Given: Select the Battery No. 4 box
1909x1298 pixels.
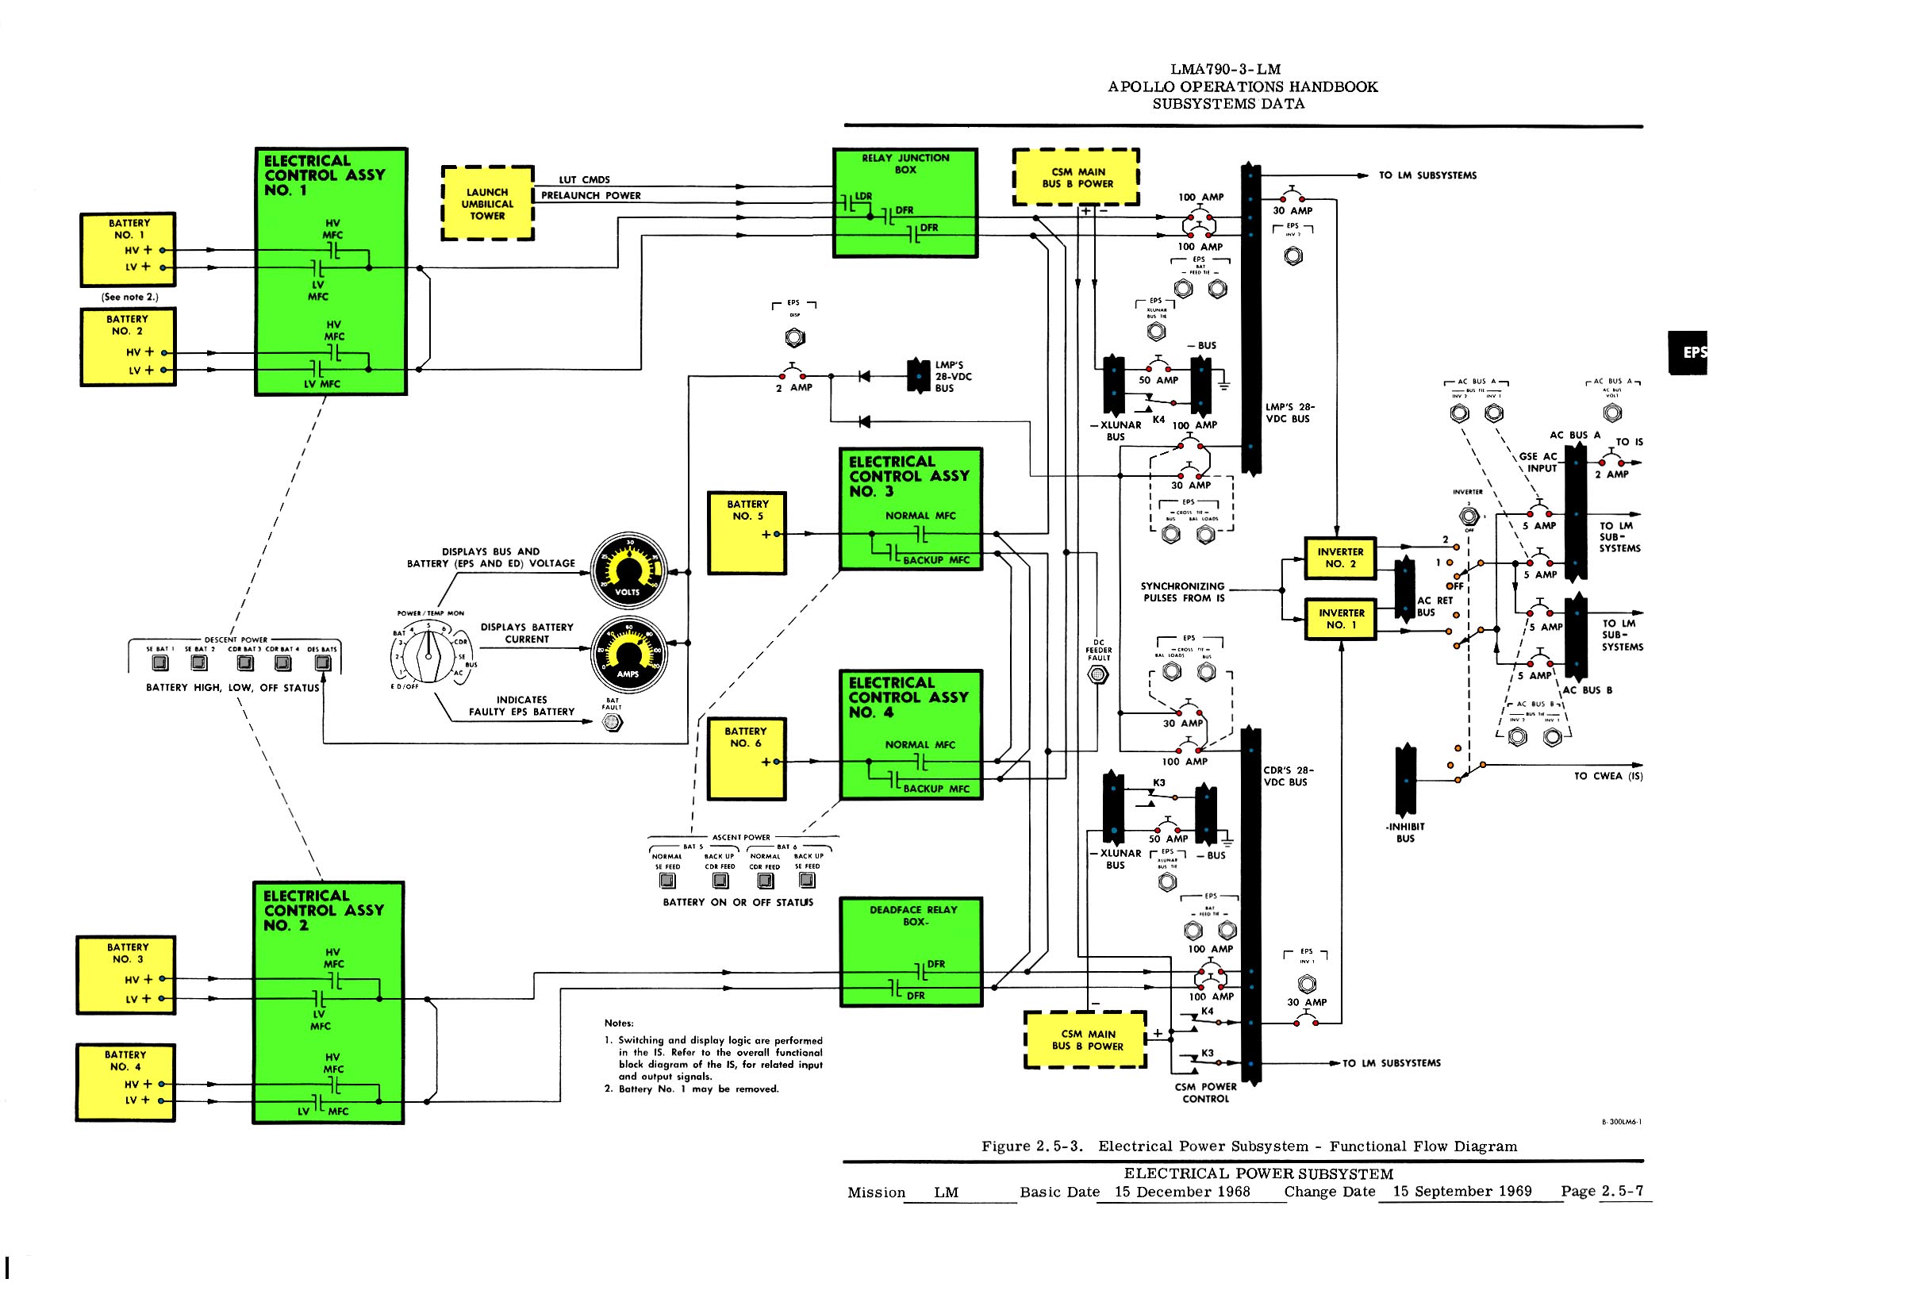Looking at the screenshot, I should click(125, 1082).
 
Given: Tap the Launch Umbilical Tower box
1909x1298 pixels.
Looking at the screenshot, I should click(488, 204).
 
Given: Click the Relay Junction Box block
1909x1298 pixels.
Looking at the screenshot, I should click(905, 203).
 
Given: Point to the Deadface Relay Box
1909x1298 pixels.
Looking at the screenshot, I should click(912, 951).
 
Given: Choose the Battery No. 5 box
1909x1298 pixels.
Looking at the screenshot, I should click(747, 532).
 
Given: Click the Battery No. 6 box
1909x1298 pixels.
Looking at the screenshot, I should click(747, 758).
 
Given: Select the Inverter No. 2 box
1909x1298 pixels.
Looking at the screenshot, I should click(1340, 558).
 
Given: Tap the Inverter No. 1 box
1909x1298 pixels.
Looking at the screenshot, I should click(1341, 619).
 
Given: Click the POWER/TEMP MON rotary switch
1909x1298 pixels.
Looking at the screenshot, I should click(428, 655).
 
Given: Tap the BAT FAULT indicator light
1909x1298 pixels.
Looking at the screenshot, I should click(612, 722).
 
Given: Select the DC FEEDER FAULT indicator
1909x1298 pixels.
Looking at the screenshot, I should click(1097, 674).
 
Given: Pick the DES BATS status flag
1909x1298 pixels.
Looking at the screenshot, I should click(323, 663).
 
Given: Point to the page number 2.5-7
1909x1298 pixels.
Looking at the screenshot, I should click(1623, 1190).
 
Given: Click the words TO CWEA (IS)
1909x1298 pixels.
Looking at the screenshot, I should click(1607, 775).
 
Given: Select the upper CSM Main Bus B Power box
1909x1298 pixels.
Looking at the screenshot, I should click(1076, 178).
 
